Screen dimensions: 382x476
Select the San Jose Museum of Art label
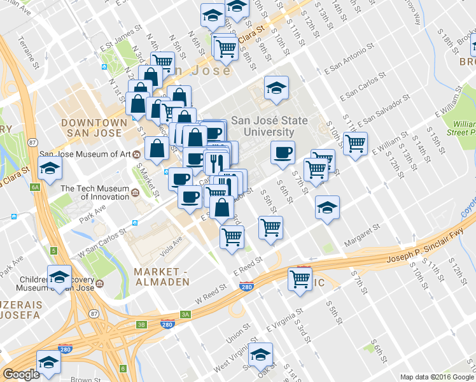point(85,154)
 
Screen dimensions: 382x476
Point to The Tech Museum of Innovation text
point(94,193)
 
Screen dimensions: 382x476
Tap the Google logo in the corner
point(21,374)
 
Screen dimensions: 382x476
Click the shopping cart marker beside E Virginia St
point(300,278)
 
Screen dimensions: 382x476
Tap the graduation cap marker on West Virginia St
point(260,355)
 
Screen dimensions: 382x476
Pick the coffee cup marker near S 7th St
point(283,152)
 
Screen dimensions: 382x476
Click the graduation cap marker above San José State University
point(276,87)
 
